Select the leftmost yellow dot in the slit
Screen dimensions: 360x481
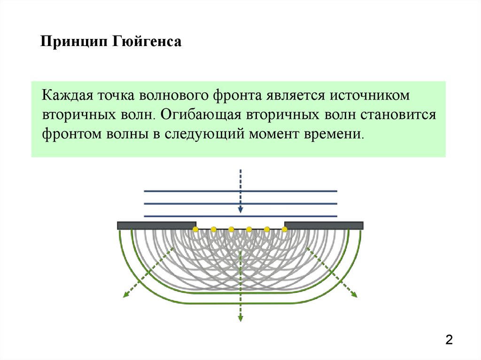pos(195,229)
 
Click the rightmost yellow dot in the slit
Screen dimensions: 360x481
pos(285,229)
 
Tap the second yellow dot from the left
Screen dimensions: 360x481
pos(213,229)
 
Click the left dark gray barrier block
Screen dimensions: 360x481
pos(156,225)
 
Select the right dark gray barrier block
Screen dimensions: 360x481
pos(324,225)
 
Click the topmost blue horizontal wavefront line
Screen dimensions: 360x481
pos(240,191)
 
